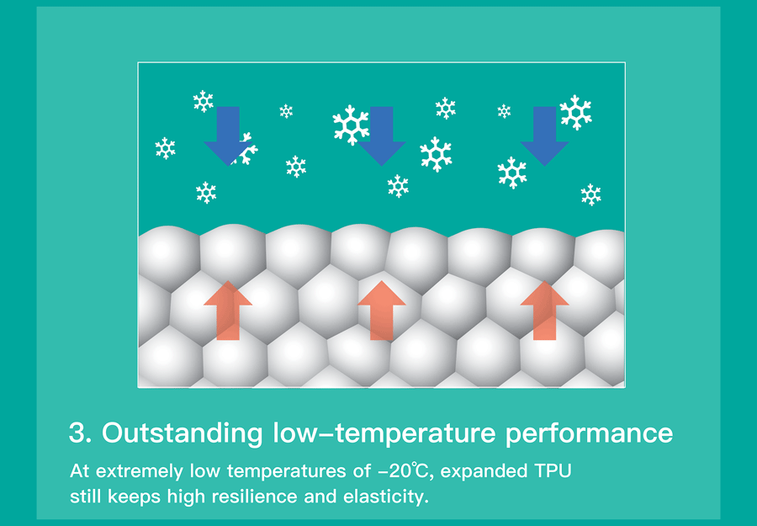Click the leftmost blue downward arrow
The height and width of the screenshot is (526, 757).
coord(228,135)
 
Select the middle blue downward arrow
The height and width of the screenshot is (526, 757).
coord(381,135)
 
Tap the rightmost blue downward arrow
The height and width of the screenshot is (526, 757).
coord(544,135)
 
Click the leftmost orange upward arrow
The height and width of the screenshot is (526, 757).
coord(228,310)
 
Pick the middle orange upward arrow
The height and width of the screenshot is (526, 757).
coord(381,310)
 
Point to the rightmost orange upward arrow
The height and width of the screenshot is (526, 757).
coord(544,310)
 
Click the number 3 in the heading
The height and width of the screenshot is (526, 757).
coord(77,433)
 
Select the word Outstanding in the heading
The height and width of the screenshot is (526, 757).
coord(182,433)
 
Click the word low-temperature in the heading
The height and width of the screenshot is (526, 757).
coord(384,433)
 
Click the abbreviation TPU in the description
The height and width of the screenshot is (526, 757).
coord(553,470)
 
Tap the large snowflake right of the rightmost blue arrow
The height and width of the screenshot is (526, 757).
coord(575,112)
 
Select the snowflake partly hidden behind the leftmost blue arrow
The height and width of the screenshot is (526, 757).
coord(246,149)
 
